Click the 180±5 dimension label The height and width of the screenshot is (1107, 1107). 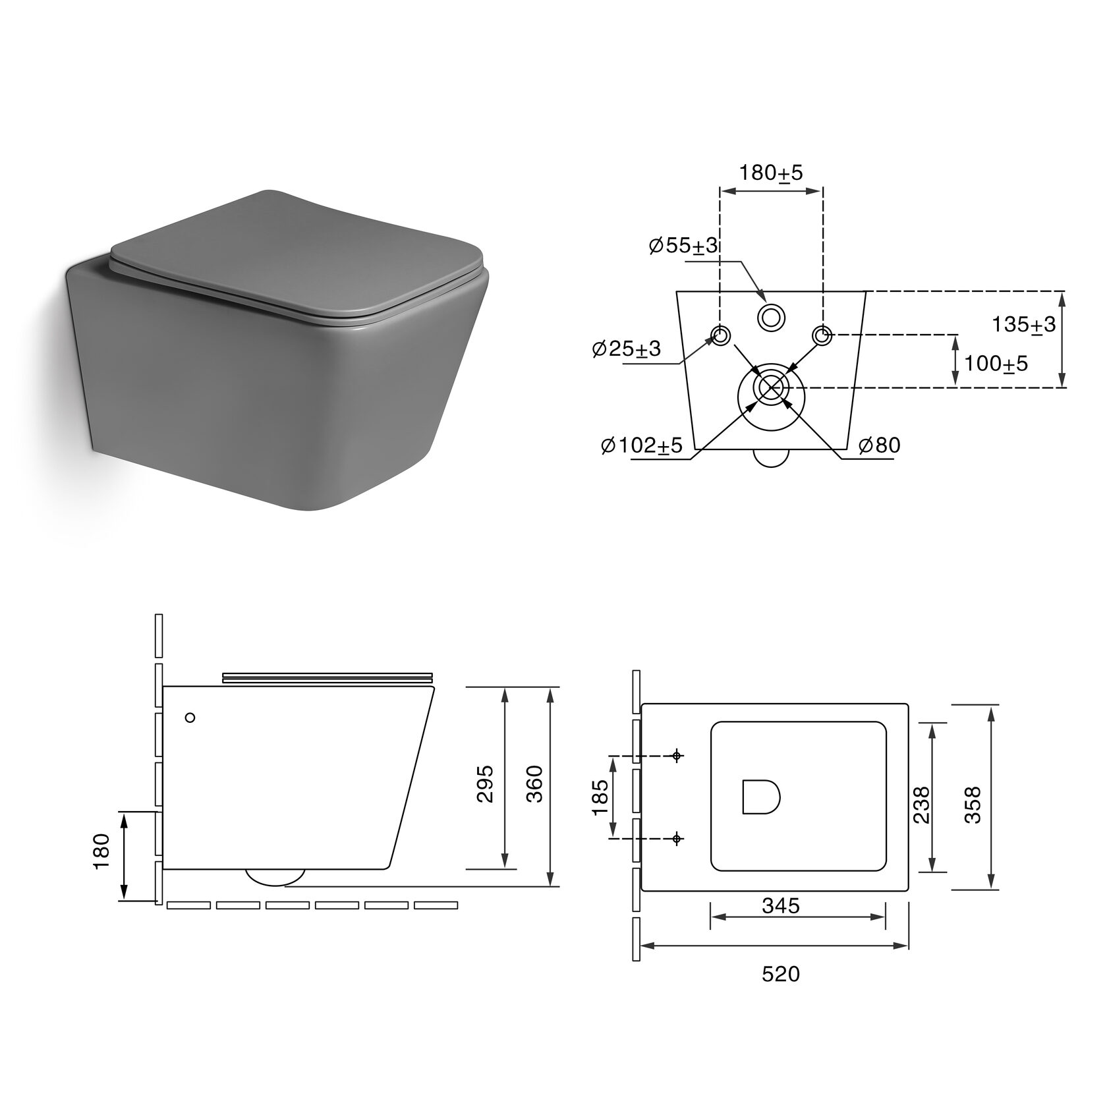771,173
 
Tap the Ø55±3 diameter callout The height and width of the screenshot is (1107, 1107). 683,246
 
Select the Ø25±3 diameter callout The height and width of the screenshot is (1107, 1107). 627,349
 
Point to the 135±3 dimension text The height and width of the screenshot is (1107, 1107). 1024,324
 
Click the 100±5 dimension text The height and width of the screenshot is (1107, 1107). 996,363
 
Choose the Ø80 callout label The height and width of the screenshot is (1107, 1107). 879,445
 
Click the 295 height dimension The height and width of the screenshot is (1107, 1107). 485,783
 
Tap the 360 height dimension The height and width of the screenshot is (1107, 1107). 535,783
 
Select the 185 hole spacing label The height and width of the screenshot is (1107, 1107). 601,797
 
